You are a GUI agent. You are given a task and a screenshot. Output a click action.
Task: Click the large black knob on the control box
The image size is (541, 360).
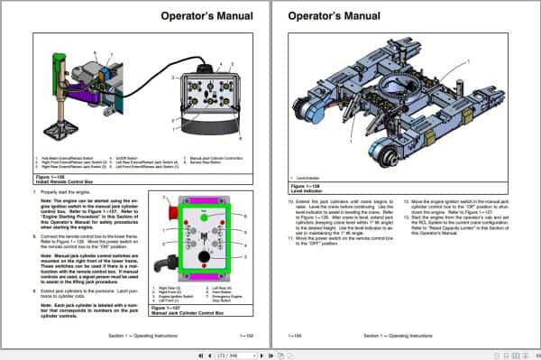203,256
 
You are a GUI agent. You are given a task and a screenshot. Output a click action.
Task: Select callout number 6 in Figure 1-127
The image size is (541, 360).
244,217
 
